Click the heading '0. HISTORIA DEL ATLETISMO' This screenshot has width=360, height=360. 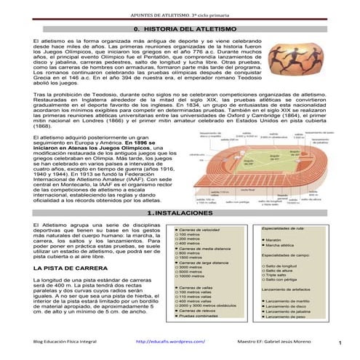pyautogui.click(x=180, y=28)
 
